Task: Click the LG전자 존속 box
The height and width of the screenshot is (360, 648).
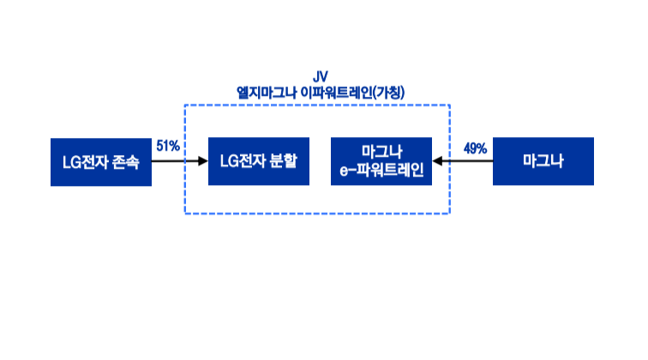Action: [x=101, y=161]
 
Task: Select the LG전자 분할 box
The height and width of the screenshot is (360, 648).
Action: [x=258, y=161]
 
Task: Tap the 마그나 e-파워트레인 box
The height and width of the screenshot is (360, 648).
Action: [x=381, y=161]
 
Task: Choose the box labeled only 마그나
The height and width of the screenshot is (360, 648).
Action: [x=543, y=161]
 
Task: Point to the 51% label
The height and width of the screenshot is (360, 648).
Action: [x=168, y=147]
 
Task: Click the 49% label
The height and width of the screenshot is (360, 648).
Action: [x=475, y=148]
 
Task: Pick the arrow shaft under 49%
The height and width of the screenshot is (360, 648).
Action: [x=468, y=161]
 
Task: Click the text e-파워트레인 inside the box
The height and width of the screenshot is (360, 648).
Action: [x=381, y=170]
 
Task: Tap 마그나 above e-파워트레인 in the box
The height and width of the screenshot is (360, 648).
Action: [x=381, y=153]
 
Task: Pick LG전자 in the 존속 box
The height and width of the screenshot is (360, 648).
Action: [x=86, y=161]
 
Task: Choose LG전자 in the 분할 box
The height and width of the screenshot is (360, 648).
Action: [x=243, y=161]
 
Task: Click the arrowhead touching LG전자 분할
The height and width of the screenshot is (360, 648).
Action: [x=203, y=161]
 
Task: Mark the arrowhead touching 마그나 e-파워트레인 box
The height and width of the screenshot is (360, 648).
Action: [x=438, y=161]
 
